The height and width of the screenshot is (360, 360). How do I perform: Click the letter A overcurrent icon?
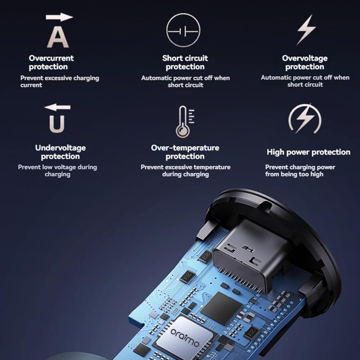click(x=58, y=37)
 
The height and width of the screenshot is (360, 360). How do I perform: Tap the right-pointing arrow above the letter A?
click(x=59, y=17)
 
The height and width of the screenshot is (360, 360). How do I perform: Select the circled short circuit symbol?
click(x=183, y=30)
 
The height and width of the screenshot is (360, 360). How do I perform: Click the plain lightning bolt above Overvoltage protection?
click(x=306, y=30)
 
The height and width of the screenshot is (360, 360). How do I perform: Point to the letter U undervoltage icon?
click(x=57, y=124)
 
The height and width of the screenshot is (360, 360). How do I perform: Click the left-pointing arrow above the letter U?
click(x=57, y=107)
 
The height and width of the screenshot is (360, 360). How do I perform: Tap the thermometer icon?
click(x=185, y=122)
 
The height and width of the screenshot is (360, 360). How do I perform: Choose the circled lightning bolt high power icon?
click(x=305, y=119)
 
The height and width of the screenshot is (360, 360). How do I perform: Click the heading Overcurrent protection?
click(x=51, y=62)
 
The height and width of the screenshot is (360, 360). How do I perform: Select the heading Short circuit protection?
click(x=185, y=62)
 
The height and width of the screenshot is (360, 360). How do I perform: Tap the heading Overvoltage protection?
click(x=305, y=62)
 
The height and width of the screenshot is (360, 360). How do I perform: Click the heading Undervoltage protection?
click(x=60, y=152)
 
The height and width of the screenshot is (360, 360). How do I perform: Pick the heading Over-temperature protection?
click(x=185, y=152)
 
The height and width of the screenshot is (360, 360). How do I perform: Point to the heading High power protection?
click(x=309, y=152)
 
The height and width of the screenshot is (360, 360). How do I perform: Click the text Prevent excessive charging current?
click(x=60, y=81)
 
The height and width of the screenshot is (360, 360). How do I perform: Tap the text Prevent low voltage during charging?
click(x=57, y=171)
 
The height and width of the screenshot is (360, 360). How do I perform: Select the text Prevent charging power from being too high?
click(x=300, y=171)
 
